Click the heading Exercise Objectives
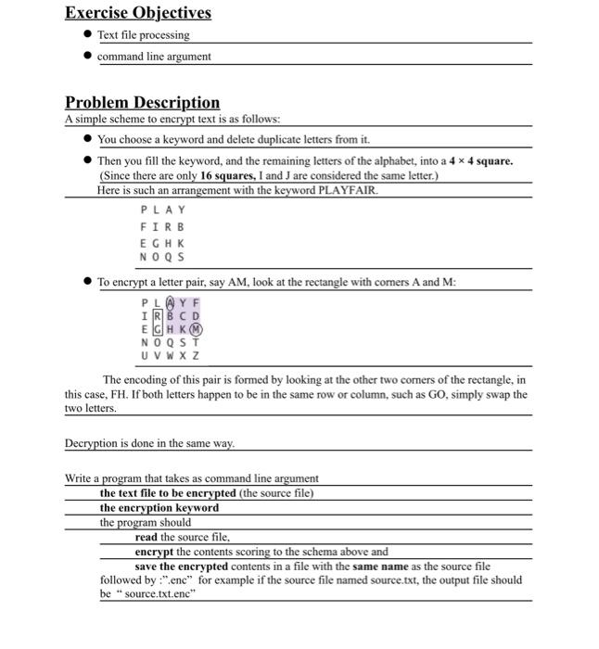pyautogui.click(x=137, y=13)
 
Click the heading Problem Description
pyautogui.click(x=142, y=102)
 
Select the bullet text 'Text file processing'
pyautogui.click(x=143, y=35)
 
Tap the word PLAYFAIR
pyautogui.click(x=348, y=190)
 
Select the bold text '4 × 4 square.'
pyautogui.click(x=478, y=160)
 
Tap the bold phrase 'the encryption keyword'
pyautogui.click(x=159, y=507)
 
